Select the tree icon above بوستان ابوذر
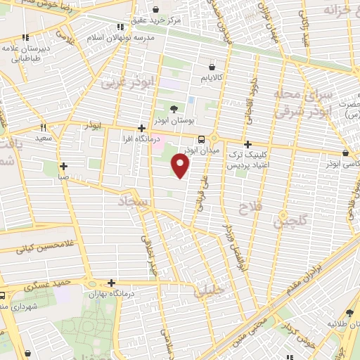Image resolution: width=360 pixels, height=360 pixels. click(174, 108)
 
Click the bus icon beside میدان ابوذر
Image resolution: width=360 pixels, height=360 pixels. click(202, 139)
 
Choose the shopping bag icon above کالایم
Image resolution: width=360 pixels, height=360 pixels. click(210, 65)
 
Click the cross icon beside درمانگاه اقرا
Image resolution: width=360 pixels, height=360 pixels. click(142, 129)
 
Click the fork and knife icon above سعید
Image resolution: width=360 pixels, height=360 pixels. click(44, 128)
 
